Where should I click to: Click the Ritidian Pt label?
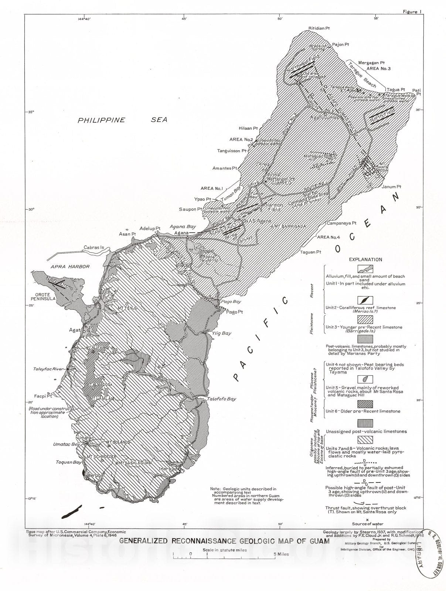(319, 28)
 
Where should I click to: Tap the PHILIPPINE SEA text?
(122, 120)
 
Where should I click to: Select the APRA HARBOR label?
(70, 266)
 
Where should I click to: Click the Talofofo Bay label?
(221, 399)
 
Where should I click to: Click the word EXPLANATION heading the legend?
(365, 260)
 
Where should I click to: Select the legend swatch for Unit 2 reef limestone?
(365, 300)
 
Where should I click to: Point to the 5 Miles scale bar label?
(281, 554)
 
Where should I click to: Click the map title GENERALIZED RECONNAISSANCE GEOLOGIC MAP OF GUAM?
(224, 541)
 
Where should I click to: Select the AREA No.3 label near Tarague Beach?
(378, 69)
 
